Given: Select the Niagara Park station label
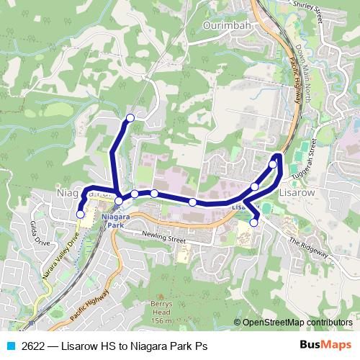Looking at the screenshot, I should (113, 220).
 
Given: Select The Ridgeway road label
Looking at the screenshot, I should (307, 248).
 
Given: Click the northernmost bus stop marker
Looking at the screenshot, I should (130, 117).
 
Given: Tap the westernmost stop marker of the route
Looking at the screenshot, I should (80, 214).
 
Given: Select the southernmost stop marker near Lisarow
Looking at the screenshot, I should (253, 222).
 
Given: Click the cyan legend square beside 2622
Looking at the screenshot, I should (10, 344).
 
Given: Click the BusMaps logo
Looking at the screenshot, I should (325, 344).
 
